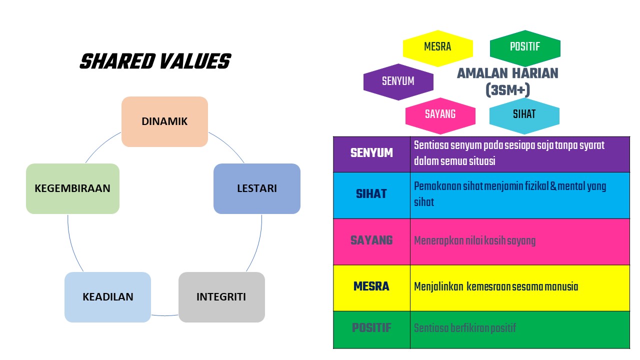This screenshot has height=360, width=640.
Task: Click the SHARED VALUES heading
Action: click(x=155, y=62)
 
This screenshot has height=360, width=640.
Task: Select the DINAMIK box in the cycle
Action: click(x=164, y=121)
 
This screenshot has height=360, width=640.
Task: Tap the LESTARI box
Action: click(x=256, y=188)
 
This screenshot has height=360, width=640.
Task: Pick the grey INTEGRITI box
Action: click(x=221, y=297)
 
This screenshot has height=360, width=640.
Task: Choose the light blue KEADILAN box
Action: click(x=107, y=297)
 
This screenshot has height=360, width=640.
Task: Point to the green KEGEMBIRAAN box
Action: click(x=72, y=188)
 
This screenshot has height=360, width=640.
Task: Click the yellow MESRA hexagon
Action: click(x=437, y=47)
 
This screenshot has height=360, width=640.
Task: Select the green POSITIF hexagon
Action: click(x=525, y=47)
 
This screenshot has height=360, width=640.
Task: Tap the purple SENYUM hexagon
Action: click(x=398, y=81)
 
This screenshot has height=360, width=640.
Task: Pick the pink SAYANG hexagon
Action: click(x=440, y=114)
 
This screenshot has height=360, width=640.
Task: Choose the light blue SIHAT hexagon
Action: click(x=524, y=114)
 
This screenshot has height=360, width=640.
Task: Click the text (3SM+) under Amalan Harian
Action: click(x=507, y=90)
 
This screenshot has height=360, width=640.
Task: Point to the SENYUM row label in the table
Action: click(x=371, y=153)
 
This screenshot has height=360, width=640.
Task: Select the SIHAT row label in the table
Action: click(x=371, y=194)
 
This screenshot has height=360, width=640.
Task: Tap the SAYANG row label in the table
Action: click(x=371, y=240)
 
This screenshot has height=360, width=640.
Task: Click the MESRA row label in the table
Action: click(x=371, y=286)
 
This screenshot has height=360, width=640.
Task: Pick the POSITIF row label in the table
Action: click(x=371, y=328)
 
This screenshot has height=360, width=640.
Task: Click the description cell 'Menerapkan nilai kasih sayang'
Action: click(x=474, y=241)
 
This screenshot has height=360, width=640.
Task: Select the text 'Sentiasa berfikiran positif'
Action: click(x=464, y=328)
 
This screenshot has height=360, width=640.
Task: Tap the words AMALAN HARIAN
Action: click(x=507, y=73)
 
